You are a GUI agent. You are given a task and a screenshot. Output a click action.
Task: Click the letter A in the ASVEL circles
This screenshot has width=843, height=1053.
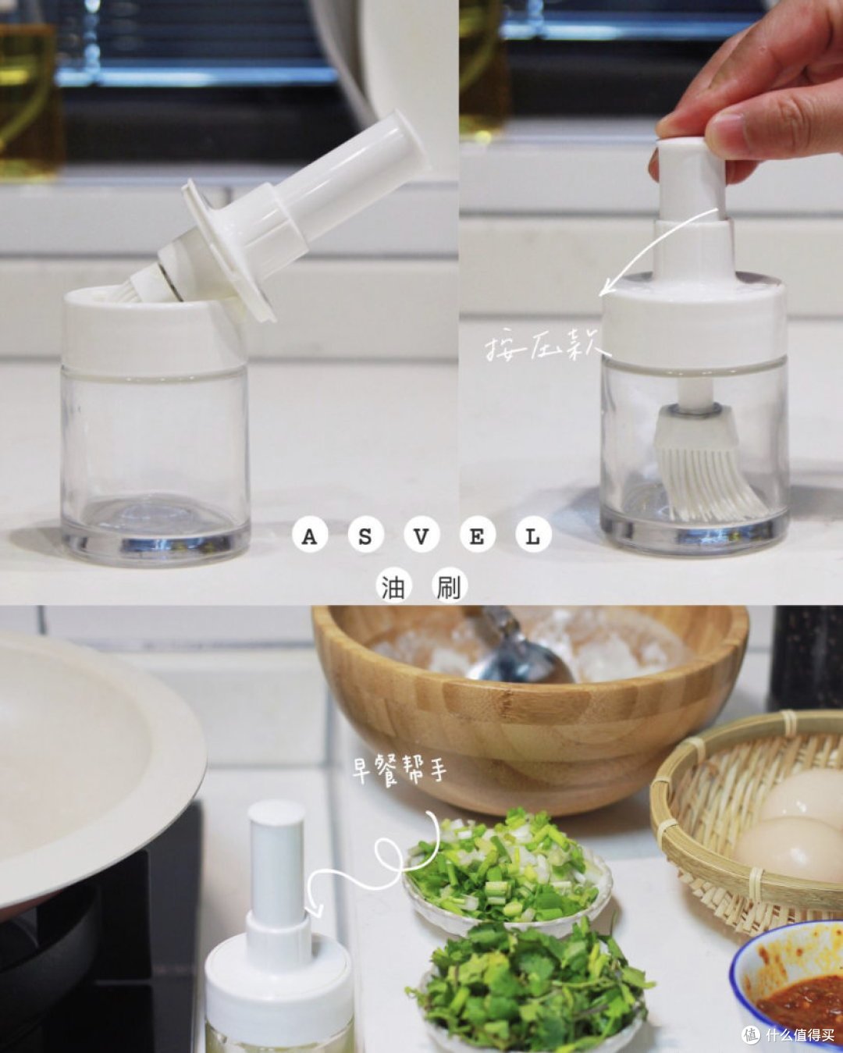pyautogui.click(x=309, y=537)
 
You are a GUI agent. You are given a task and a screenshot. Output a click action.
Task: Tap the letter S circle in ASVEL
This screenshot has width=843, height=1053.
pyautogui.click(x=365, y=537)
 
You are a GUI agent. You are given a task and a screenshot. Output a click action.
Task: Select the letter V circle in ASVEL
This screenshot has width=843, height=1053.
pyautogui.click(x=421, y=537)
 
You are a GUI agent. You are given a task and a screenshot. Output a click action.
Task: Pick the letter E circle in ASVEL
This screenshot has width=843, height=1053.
pyautogui.click(x=477, y=537)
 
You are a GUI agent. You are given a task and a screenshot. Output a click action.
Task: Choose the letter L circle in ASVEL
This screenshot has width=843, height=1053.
pyautogui.click(x=533, y=537)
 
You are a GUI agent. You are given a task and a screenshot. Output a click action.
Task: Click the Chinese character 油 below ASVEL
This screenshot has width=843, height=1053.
pyautogui.click(x=394, y=587)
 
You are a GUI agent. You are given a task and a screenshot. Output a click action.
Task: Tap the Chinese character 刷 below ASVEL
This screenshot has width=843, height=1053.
pyautogui.click(x=449, y=587)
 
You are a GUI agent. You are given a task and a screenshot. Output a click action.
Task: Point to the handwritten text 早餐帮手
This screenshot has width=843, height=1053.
pyautogui.click(x=398, y=770)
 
